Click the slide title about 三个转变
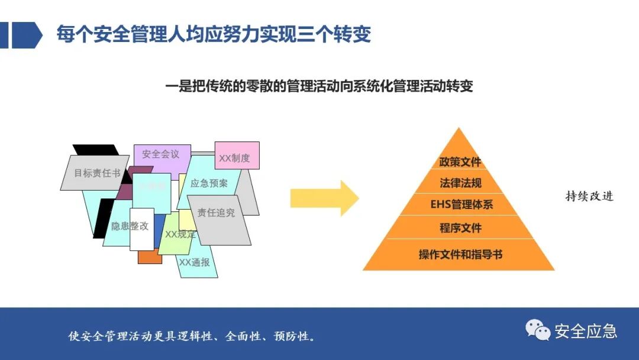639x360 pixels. (214, 34)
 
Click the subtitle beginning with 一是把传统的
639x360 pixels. (319, 86)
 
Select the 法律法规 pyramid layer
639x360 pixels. (460, 184)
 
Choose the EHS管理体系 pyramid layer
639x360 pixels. (460, 205)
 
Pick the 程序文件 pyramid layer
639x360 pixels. (460, 228)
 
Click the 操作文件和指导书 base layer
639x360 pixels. (460, 255)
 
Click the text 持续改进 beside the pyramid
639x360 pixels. (589, 197)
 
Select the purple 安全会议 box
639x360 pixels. (160, 154)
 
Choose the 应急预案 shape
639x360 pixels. (209, 184)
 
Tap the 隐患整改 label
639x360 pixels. (129, 226)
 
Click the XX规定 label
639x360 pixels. (180, 234)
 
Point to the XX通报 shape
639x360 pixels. (195, 262)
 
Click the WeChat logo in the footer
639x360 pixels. (538, 330)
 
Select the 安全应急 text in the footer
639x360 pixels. (586, 331)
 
